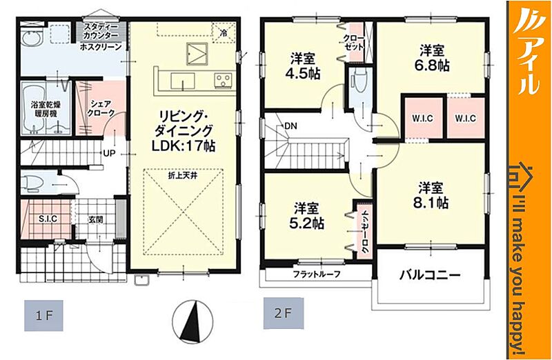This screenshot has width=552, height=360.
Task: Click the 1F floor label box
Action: [43, 315]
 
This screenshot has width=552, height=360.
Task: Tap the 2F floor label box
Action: [284, 313]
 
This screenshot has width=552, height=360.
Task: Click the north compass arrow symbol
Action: [194, 320]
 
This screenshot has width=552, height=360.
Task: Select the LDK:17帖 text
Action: [184, 146]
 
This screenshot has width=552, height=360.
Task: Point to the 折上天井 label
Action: [182, 176]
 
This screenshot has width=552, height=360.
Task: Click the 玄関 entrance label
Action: [96, 220]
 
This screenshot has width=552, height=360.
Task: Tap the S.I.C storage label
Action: [48, 219]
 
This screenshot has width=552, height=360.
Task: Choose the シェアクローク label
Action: [101, 108]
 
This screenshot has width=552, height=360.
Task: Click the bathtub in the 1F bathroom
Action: [32, 109]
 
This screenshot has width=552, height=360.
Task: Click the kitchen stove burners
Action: [223, 80]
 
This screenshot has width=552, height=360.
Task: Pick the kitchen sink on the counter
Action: [183, 81]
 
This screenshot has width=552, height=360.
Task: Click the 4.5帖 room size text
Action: [303, 74]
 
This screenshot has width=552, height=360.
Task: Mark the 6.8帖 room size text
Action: [432, 66]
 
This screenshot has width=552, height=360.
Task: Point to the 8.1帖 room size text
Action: [430, 203]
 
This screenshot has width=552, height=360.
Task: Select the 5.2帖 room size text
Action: [306, 224]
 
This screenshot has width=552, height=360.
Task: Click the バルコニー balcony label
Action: [430, 274]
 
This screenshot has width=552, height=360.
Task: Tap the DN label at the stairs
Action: [290, 126]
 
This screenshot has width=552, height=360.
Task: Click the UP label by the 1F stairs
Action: [110, 153]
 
